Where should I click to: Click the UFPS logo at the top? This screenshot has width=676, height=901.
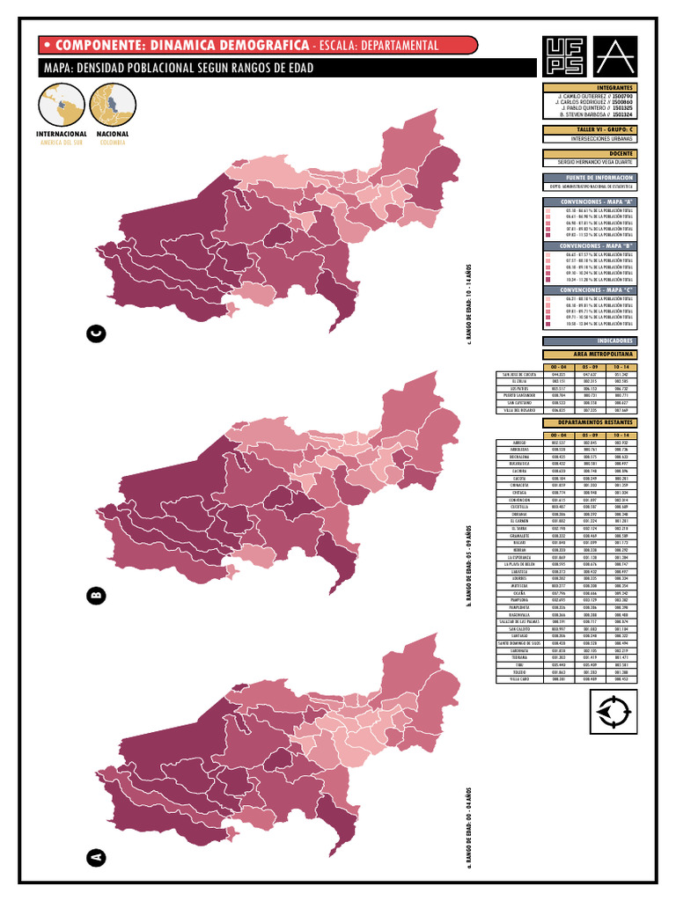click(565, 55)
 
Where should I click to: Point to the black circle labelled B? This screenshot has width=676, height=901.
click(96, 597)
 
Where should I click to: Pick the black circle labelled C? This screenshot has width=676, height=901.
click(96, 333)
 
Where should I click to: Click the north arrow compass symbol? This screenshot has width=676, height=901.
click(613, 711)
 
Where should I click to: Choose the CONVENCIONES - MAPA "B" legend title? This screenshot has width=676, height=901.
click(589, 245)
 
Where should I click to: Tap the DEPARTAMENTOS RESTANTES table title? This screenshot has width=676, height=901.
click(589, 422)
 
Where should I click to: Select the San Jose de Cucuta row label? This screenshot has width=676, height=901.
click(518, 374)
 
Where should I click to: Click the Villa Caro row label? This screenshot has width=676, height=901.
click(518, 679)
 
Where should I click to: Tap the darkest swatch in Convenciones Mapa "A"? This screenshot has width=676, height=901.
click(547, 236)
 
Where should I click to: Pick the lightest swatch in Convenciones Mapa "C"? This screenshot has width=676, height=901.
click(547, 299)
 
